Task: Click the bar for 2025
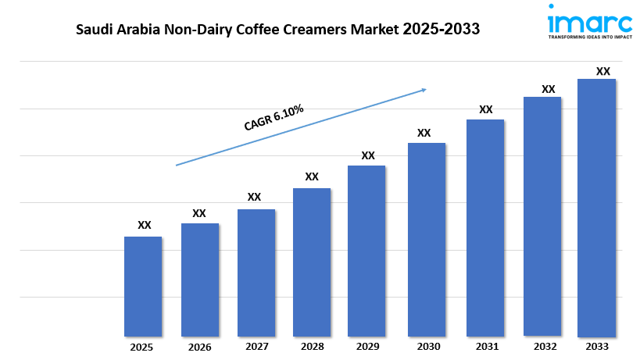[143, 286]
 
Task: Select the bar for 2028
[312, 262]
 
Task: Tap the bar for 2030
[425, 239]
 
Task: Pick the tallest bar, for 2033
[596, 207]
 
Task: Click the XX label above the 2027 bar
[254, 197]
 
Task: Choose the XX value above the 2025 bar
[144, 225]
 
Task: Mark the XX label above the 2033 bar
[602, 71]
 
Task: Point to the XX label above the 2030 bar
[424, 133]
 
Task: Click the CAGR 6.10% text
[273, 116]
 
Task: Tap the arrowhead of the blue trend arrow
[423, 90]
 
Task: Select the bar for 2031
[485, 227]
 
